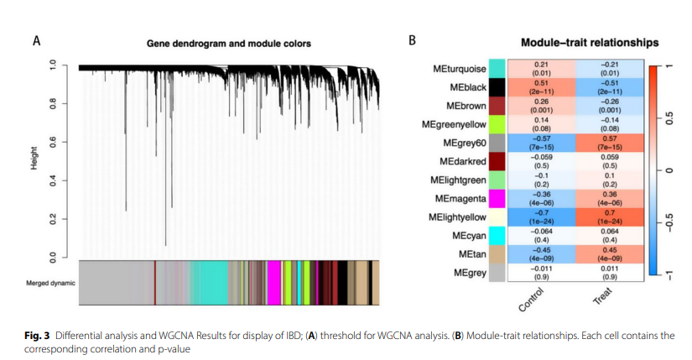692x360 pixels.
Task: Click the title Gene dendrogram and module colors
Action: pyautogui.click(x=228, y=42)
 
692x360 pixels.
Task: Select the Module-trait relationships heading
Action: pyautogui.click(x=589, y=42)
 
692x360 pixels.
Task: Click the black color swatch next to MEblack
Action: pyautogui.click(x=497, y=87)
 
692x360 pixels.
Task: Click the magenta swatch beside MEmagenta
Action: pyautogui.click(x=497, y=198)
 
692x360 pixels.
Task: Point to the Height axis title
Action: pyautogui.click(x=34, y=159)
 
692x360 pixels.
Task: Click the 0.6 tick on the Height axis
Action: pyautogui.click(x=53, y=142)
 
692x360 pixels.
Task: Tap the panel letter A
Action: pyautogui.click(x=36, y=40)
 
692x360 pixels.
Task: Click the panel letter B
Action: pyautogui.click(x=412, y=40)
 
